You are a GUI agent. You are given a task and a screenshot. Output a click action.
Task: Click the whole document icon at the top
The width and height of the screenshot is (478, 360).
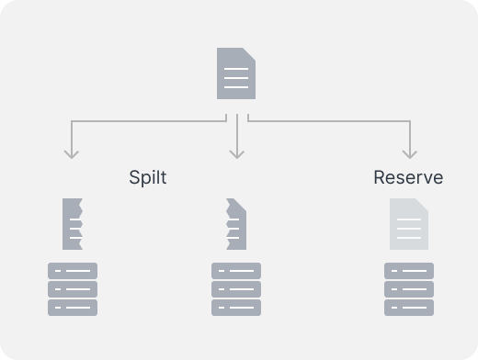coord(236,73)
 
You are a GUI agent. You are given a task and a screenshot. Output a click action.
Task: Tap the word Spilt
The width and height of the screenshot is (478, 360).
coord(148,177)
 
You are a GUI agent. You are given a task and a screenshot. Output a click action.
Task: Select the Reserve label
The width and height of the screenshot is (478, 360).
coord(408,177)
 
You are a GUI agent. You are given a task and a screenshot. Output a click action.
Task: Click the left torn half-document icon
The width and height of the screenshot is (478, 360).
coord(73,224)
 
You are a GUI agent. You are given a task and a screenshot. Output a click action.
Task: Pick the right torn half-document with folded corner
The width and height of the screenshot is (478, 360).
coord(236,224)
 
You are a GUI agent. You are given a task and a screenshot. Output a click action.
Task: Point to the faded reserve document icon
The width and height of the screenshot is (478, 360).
coord(409,224)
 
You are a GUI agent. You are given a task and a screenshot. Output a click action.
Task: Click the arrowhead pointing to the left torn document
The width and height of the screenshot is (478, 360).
coord(72,154)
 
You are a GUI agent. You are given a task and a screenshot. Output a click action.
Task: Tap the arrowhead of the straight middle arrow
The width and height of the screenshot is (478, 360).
coord(237,154)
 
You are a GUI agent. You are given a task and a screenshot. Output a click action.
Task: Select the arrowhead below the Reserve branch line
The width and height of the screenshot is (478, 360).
coord(410,154)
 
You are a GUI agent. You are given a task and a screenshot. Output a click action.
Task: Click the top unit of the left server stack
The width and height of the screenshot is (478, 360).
coord(73,271)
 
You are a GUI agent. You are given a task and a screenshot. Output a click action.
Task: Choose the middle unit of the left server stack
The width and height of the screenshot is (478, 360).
coord(73,289)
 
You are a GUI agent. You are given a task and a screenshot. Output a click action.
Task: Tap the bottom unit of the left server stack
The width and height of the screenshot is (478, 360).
coord(73,308)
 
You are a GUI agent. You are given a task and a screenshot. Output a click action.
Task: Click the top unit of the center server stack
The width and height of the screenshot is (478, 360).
coord(236,271)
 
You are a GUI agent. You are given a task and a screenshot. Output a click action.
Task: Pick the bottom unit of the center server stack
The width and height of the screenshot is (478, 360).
coord(236,308)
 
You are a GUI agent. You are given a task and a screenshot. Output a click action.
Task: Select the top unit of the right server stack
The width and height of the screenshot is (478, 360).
coord(409,271)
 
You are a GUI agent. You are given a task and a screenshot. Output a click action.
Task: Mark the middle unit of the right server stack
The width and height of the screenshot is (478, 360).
coord(409,289)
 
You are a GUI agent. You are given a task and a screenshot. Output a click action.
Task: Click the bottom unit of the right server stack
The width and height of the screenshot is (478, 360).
coord(409,308)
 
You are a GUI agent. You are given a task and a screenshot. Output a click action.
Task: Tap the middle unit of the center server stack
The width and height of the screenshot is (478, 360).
coord(236,289)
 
